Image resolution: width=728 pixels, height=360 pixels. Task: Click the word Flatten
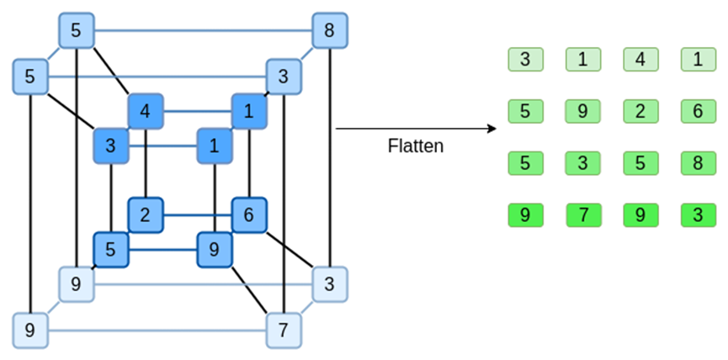tap(415, 146)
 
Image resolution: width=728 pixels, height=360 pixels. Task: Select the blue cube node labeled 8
tap(329, 32)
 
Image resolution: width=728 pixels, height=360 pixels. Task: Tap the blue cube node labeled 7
tap(284, 330)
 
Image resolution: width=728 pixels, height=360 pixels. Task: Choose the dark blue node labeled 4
tap(145, 110)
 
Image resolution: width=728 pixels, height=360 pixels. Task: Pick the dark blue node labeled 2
tap(145, 214)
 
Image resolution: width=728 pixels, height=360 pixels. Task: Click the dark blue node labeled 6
tap(249, 214)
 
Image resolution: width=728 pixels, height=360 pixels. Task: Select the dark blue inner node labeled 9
tap(214, 250)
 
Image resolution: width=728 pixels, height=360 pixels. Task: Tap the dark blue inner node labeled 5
tap(110, 250)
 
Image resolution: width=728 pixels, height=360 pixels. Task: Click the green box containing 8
tap(698, 162)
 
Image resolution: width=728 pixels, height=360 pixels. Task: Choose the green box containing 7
tap(582, 215)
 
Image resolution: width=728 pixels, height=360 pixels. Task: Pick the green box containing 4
tap(640, 60)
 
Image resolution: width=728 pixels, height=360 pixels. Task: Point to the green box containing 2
tap(640, 111)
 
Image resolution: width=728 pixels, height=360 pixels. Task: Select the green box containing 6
tap(698, 111)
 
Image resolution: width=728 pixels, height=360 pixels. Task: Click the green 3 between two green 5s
tap(582, 162)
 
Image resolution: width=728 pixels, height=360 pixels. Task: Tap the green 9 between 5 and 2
tap(582, 111)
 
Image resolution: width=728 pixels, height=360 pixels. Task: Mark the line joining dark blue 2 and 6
tap(197, 214)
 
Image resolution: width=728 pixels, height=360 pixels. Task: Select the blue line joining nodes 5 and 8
tap(202, 32)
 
